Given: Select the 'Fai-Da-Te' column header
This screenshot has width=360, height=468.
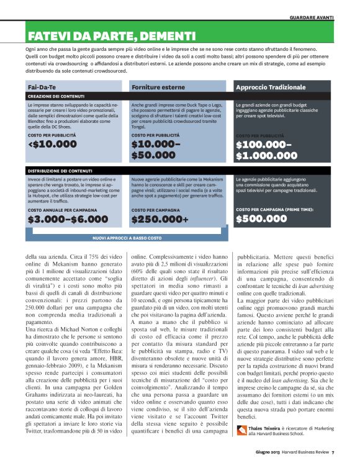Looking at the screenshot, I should (42, 88).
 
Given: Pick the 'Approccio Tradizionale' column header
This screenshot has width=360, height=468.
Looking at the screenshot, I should (271, 88).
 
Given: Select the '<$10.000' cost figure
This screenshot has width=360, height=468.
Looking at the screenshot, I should (53, 145).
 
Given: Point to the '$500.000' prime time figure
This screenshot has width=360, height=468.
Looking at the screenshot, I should (261, 218).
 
